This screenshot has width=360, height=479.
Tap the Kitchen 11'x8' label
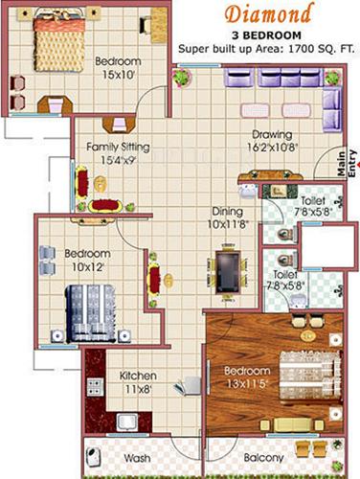[138, 382]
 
